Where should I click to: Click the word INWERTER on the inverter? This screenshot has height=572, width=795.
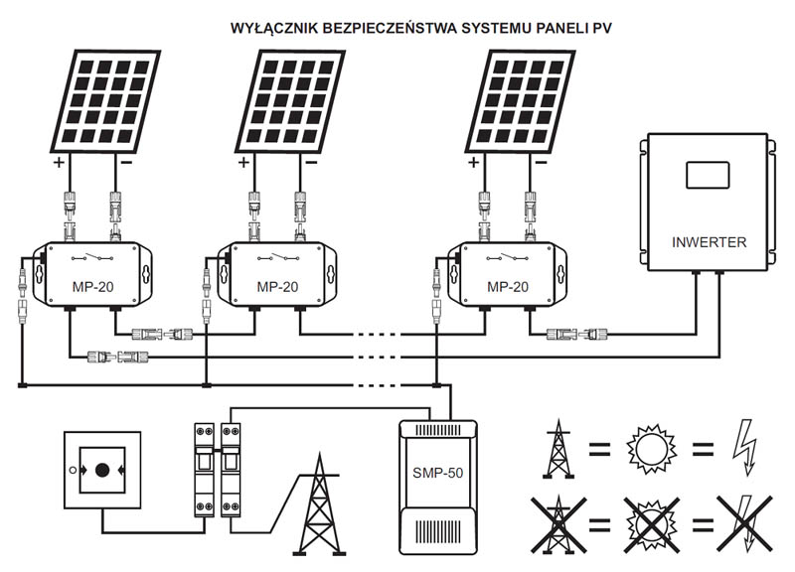pyautogui.click(x=709, y=242)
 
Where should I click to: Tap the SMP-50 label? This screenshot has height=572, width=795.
pyautogui.click(x=438, y=473)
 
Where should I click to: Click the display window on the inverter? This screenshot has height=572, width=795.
pyautogui.click(x=708, y=176)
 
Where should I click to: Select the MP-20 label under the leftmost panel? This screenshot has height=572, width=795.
pyautogui.click(x=92, y=287)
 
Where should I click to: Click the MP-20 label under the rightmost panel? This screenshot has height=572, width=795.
pyautogui.click(x=508, y=287)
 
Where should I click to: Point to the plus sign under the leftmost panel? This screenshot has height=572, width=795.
pyautogui.click(x=60, y=162)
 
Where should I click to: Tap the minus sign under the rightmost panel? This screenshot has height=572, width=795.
pyautogui.click(x=541, y=162)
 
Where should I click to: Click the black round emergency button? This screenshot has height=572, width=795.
pyautogui.click(x=102, y=470)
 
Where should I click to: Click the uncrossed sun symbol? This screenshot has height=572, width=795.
pyautogui.click(x=652, y=449)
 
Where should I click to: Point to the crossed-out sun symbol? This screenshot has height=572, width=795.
pyautogui.click(x=652, y=524)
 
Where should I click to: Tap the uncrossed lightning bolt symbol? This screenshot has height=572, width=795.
pyautogui.click(x=745, y=448)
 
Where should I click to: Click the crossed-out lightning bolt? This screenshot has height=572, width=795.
pyautogui.click(x=744, y=524)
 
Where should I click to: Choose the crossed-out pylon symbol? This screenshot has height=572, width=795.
pyautogui.click(x=558, y=524)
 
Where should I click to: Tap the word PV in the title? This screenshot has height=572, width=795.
pyautogui.click(x=602, y=28)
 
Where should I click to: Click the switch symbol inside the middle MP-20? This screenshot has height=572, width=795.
pyautogui.click(x=277, y=257)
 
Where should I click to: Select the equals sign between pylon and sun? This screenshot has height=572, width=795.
pyautogui.click(x=600, y=449)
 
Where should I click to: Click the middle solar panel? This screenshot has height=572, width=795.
pyautogui.click(x=290, y=101)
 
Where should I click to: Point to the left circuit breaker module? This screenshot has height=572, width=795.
pyautogui.click(x=205, y=470)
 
